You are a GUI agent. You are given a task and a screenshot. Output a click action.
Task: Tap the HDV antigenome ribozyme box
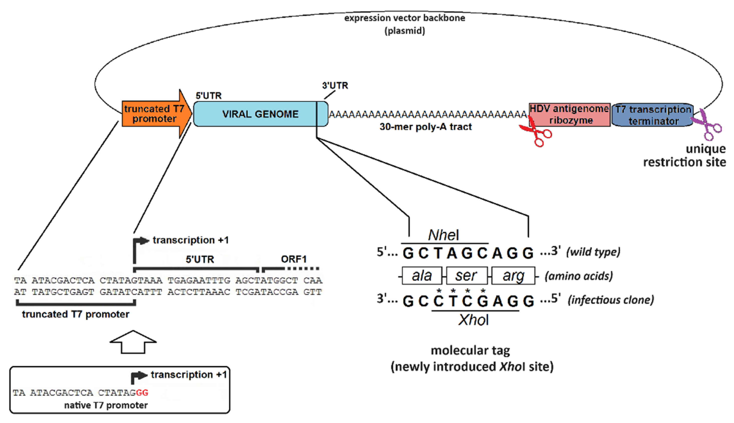[x=569, y=115]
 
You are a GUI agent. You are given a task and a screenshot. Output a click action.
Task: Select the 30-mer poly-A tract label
[x=425, y=127]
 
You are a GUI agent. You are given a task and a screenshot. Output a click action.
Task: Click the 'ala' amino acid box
[x=422, y=275]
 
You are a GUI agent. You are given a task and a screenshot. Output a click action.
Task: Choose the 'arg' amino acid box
[x=513, y=275]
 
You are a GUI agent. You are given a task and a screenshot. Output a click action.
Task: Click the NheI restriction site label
[x=444, y=235]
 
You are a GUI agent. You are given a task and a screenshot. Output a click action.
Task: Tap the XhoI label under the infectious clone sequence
[x=473, y=320]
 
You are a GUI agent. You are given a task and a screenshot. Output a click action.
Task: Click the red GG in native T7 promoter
[x=142, y=393]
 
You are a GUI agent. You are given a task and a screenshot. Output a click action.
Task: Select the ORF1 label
[x=293, y=259]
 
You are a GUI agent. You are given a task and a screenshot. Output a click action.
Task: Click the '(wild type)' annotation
[x=593, y=252]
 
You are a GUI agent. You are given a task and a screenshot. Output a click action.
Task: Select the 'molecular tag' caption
[x=470, y=350]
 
